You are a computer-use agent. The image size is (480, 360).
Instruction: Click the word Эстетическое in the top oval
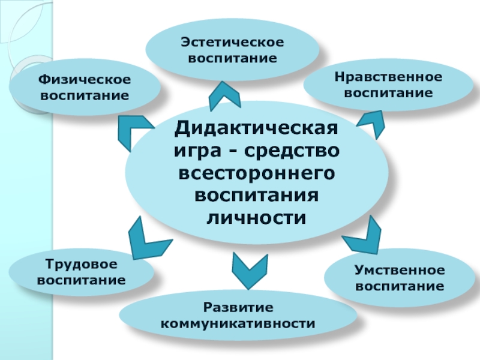[x=232, y=43]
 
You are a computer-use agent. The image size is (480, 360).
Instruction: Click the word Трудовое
[x=82, y=265]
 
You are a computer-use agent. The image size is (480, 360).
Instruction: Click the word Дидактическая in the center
[x=256, y=128]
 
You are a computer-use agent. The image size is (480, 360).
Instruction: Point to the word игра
[x=195, y=151]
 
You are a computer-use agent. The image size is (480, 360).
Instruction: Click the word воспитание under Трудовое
[x=82, y=280]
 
